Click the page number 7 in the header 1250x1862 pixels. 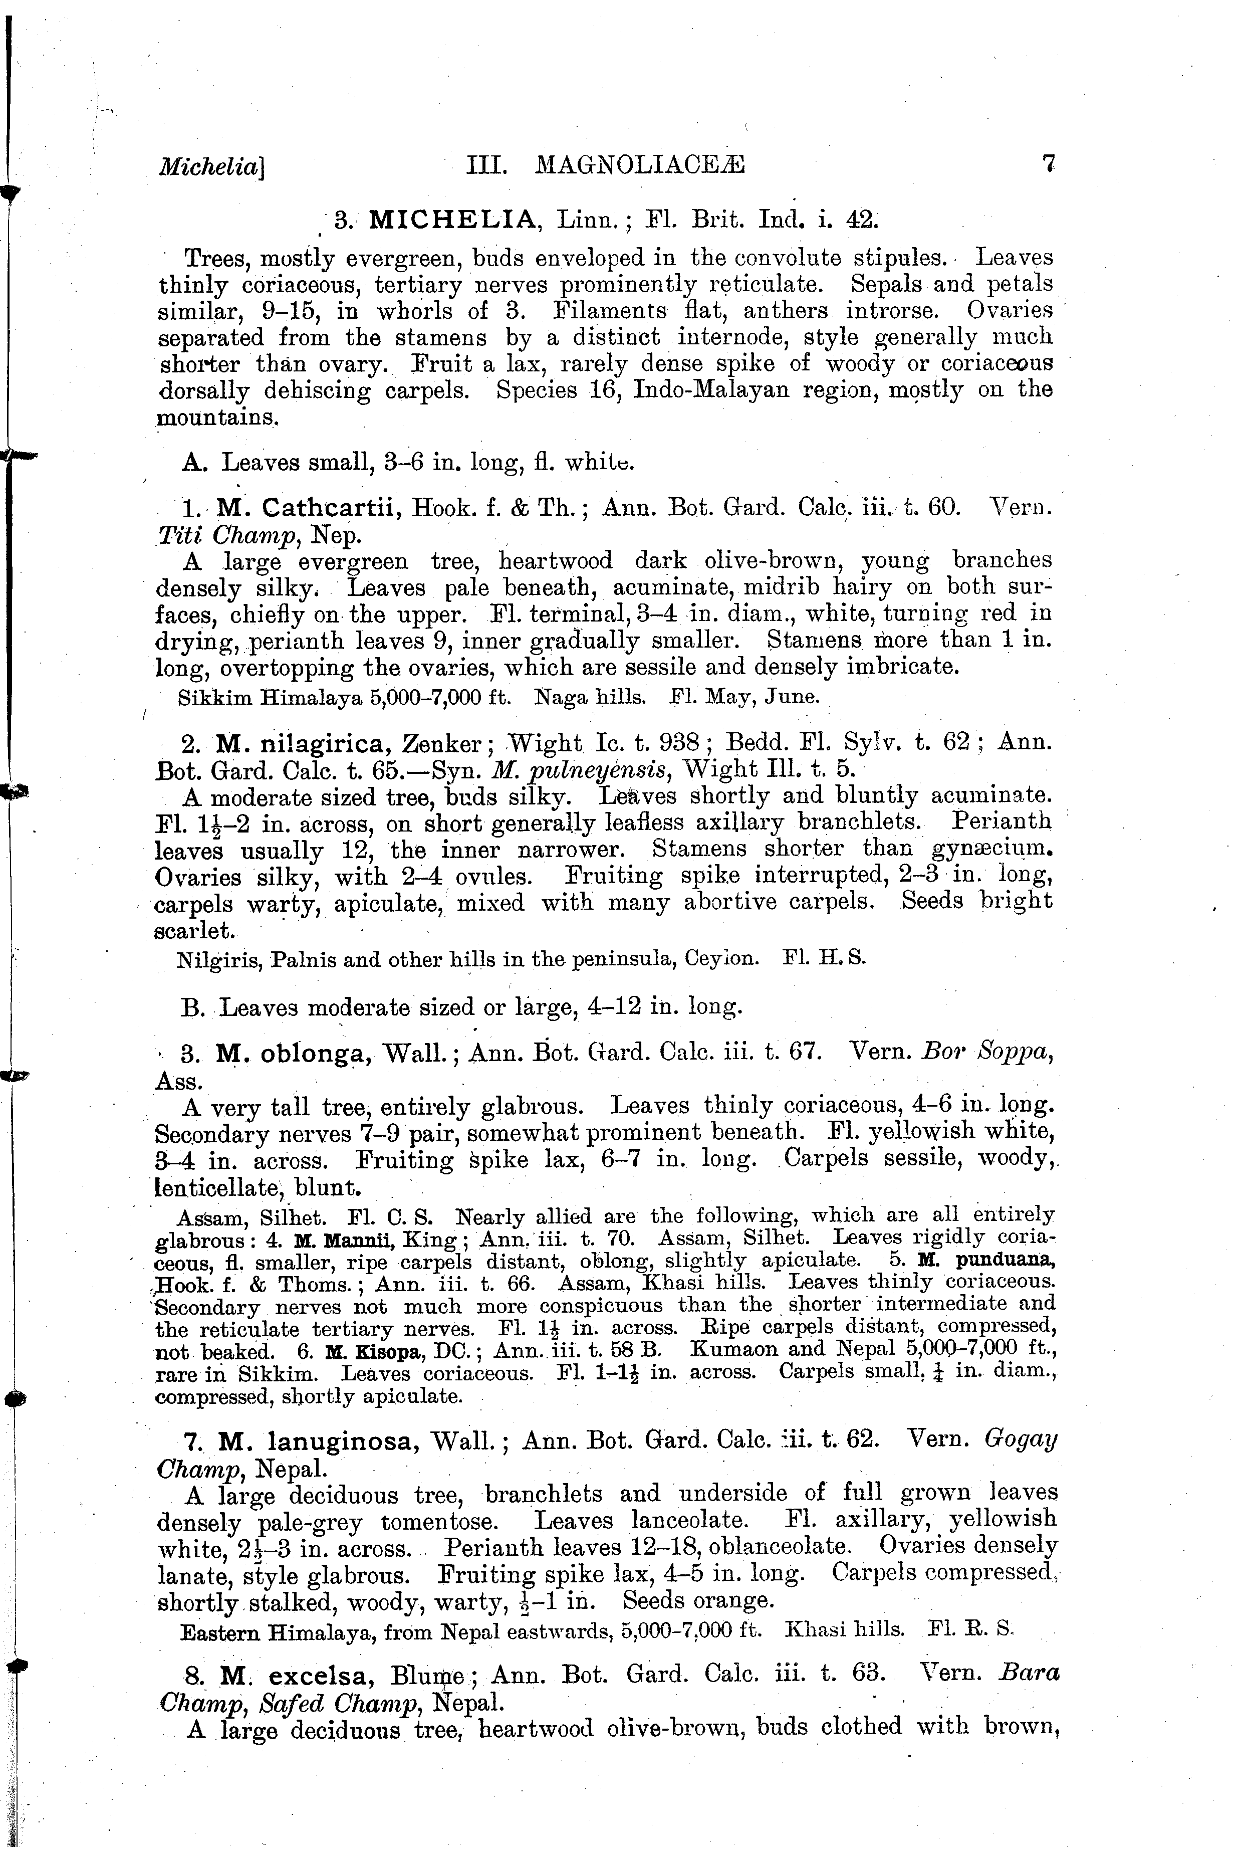(x=1048, y=163)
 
